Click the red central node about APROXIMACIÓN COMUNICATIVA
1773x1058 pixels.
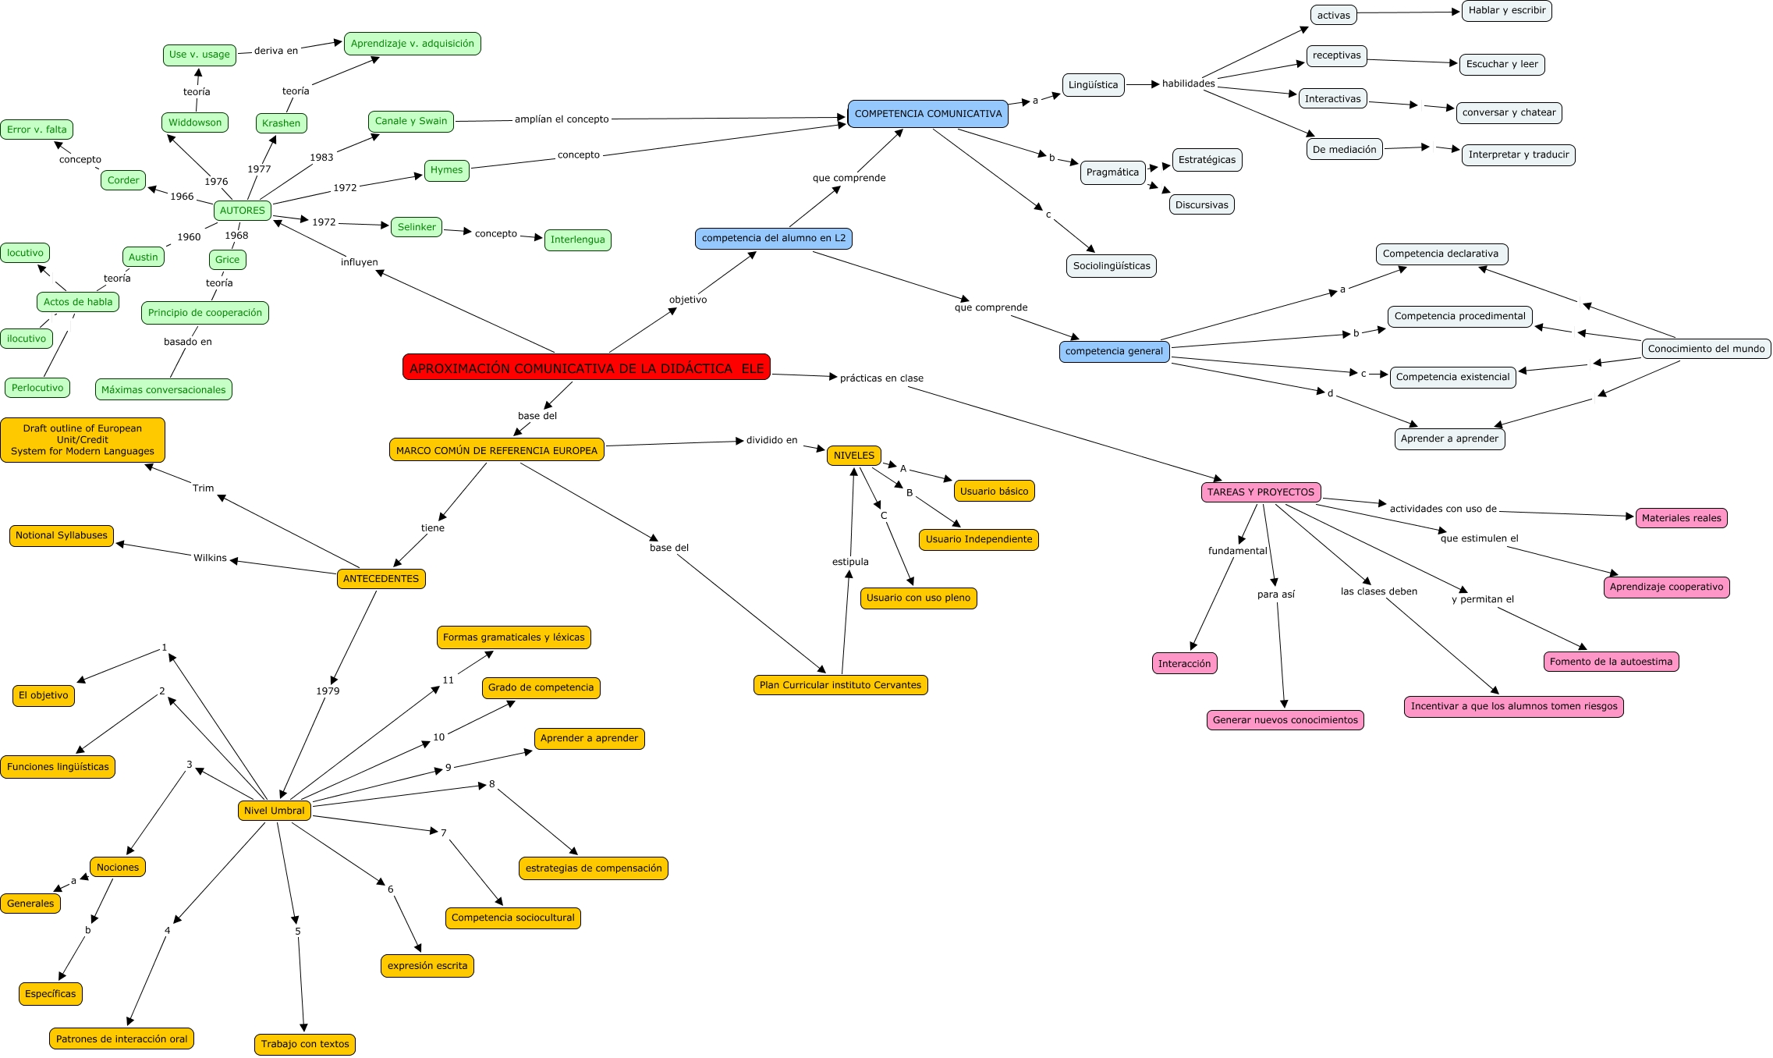(x=586, y=367)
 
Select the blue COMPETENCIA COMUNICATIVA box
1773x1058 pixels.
(x=927, y=114)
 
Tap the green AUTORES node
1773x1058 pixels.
(x=243, y=211)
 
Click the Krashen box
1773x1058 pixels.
(x=281, y=123)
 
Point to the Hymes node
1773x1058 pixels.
(x=446, y=170)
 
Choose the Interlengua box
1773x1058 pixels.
(x=577, y=240)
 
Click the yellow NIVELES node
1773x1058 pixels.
(x=854, y=456)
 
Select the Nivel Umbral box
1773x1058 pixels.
(x=274, y=811)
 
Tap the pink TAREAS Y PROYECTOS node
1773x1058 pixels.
(x=1261, y=492)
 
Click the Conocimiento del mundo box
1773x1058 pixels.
(x=1706, y=349)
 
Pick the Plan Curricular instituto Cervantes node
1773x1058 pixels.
(x=840, y=685)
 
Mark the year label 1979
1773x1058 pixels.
(x=328, y=691)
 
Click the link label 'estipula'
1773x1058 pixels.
(x=850, y=562)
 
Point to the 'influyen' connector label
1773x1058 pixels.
(x=359, y=262)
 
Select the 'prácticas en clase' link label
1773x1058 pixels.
(x=881, y=378)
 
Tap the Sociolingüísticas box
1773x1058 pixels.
(x=1111, y=266)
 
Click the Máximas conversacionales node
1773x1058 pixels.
(x=163, y=390)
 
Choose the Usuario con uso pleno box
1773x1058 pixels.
(x=918, y=598)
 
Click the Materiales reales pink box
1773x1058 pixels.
(x=1681, y=518)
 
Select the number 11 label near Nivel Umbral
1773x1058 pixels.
(x=448, y=680)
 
